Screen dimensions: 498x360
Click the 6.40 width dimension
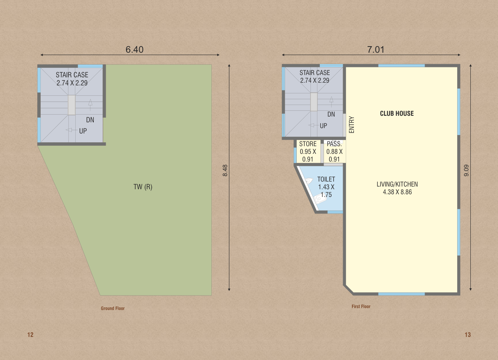click(x=134, y=49)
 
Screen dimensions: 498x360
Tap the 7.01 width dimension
click(x=376, y=49)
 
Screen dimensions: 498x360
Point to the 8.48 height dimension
click(x=225, y=170)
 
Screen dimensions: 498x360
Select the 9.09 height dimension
click(x=466, y=170)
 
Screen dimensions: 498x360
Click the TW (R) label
click(x=143, y=187)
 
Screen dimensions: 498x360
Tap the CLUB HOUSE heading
click(x=397, y=113)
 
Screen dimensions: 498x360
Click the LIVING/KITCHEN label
click(x=397, y=184)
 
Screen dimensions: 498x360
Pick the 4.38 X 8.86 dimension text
click(x=397, y=192)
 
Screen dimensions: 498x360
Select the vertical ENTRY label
click(x=352, y=125)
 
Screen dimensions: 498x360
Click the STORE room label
click(x=308, y=144)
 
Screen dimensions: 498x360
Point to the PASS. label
click(x=334, y=144)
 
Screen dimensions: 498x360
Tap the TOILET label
click(x=326, y=179)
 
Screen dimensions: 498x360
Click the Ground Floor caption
click(x=113, y=308)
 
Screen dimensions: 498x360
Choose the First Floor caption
click(x=361, y=307)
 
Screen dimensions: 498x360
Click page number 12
click(x=30, y=335)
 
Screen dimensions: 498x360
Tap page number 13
click(x=468, y=335)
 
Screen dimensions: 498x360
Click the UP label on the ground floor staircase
click(x=83, y=131)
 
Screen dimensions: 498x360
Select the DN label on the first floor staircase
click(x=331, y=114)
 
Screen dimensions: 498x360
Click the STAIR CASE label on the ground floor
click(x=72, y=75)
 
